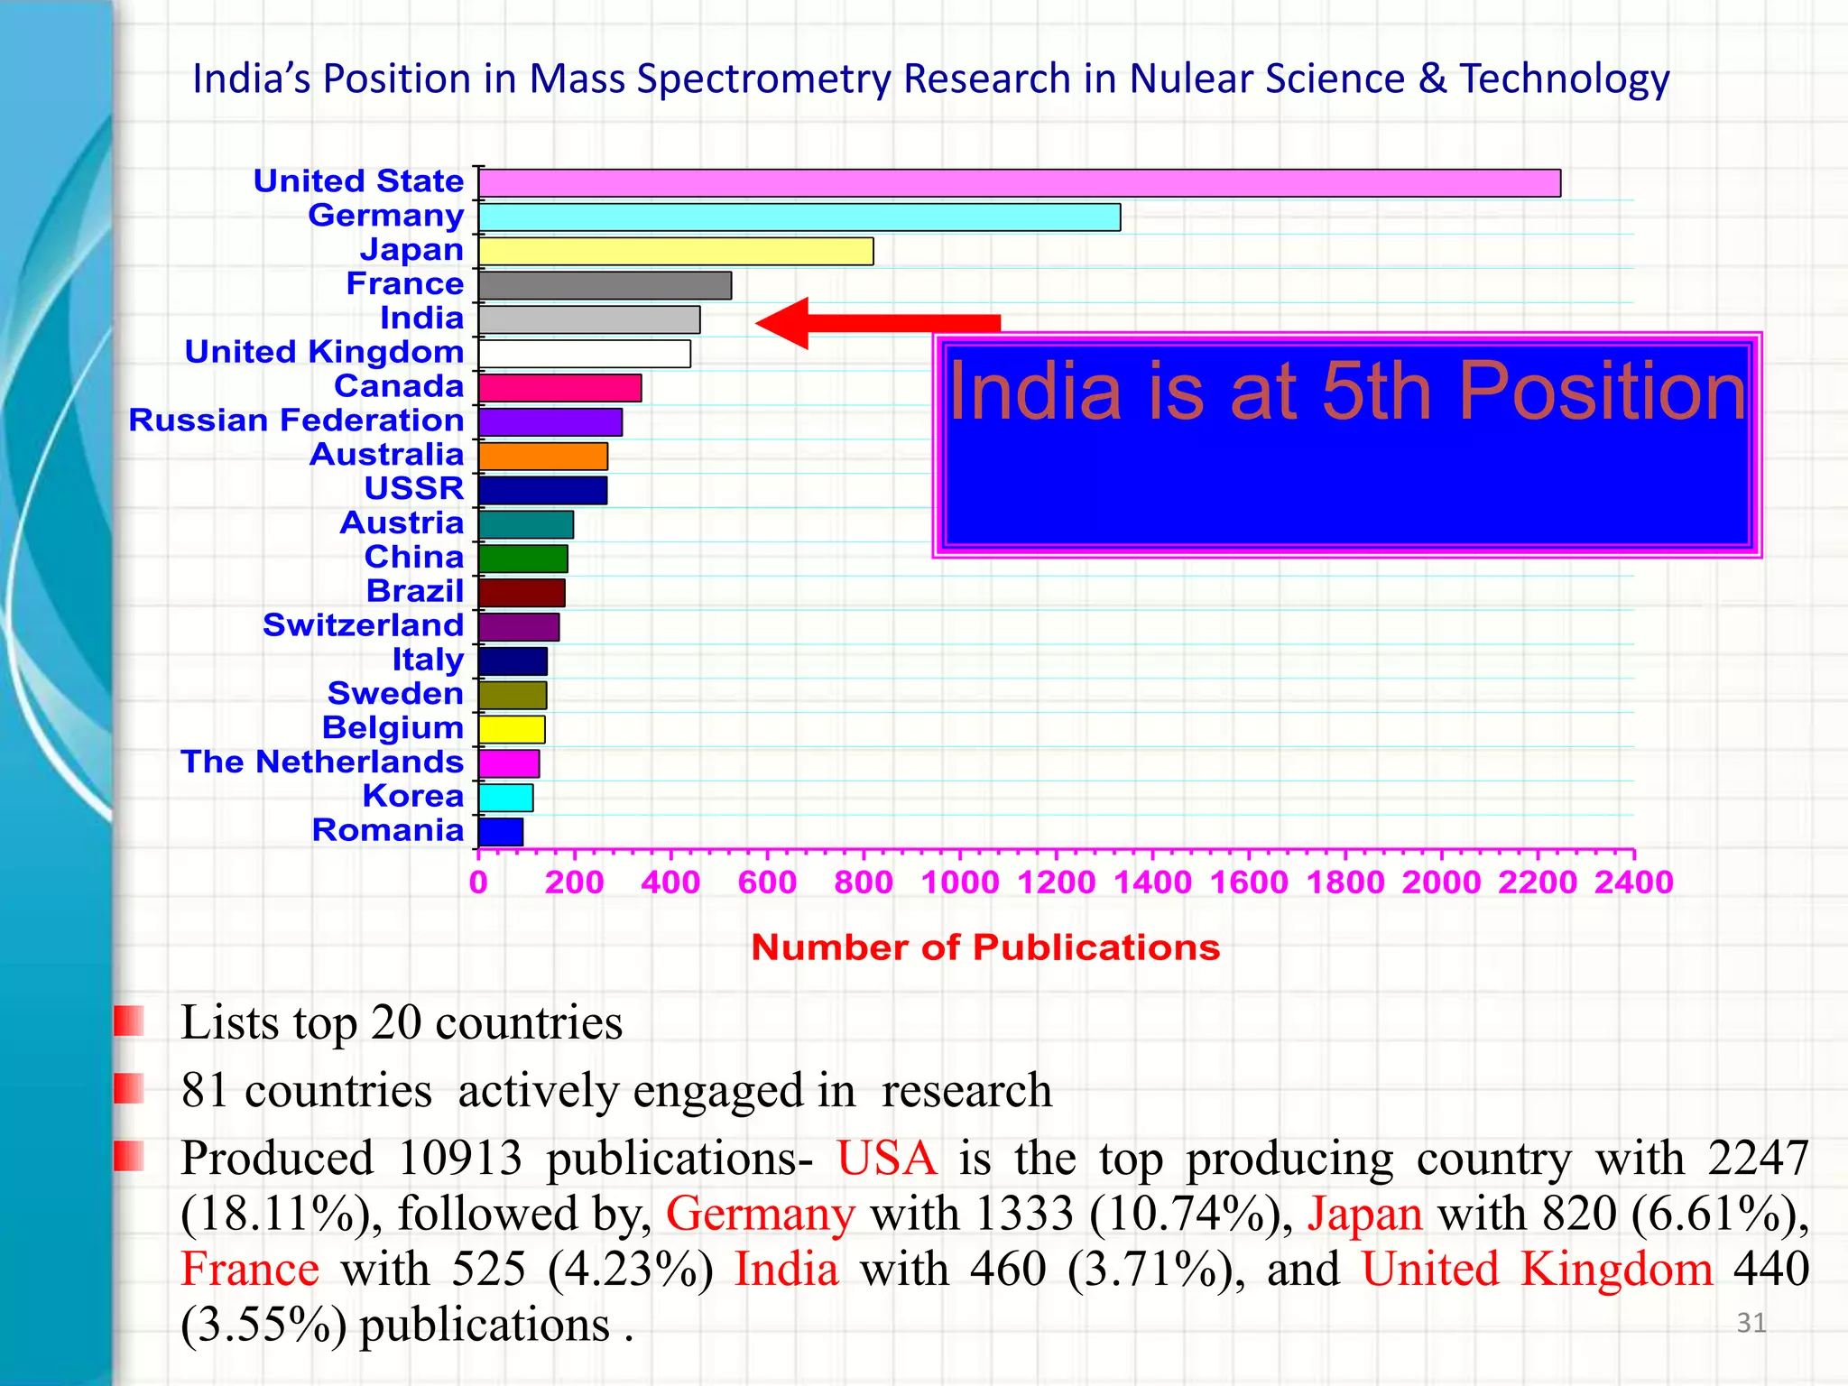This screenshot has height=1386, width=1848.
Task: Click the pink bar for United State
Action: pyautogui.click(x=1020, y=183)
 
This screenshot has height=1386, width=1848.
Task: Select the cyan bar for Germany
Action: pyautogui.click(x=799, y=217)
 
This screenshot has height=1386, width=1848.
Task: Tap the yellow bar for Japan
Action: pyautogui.click(x=676, y=252)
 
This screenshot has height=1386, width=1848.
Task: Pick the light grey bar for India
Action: pyautogui.click(x=589, y=319)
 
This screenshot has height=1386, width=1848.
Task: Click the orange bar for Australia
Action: pyautogui.click(x=543, y=457)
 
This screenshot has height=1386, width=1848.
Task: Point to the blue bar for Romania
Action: pyautogui.click(x=501, y=832)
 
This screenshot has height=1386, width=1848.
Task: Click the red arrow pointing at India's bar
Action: pyautogui.click(x=875, y=323)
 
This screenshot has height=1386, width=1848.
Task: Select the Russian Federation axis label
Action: pyautogui.click(x=296, y=420)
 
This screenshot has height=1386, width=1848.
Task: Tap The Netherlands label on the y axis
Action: pyautogui.click(x=322, y=762)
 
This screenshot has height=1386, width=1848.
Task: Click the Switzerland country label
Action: pyautogui.click(x=363, y=625)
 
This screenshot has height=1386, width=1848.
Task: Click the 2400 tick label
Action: pyautogui.click(x=1633, y=882)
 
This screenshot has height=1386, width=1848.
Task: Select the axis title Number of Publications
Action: pyautogui.click(x=985, y=947)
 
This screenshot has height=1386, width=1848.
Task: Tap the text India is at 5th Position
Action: pyautogui.click(x=1346, y=391)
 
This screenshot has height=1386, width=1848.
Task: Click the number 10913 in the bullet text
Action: pyautogui.click(x=459, y=1158)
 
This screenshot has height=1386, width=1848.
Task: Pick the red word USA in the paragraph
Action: pyautogui.click(x=886, y=1158)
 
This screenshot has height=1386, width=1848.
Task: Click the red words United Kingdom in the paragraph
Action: pyautogui.click(x=1537, y=1270)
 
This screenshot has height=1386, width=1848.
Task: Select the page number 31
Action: pyautogui.click(x=1751, y=1323)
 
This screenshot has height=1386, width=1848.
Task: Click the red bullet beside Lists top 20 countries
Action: pyautogui.click(x=129, y=1021)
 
